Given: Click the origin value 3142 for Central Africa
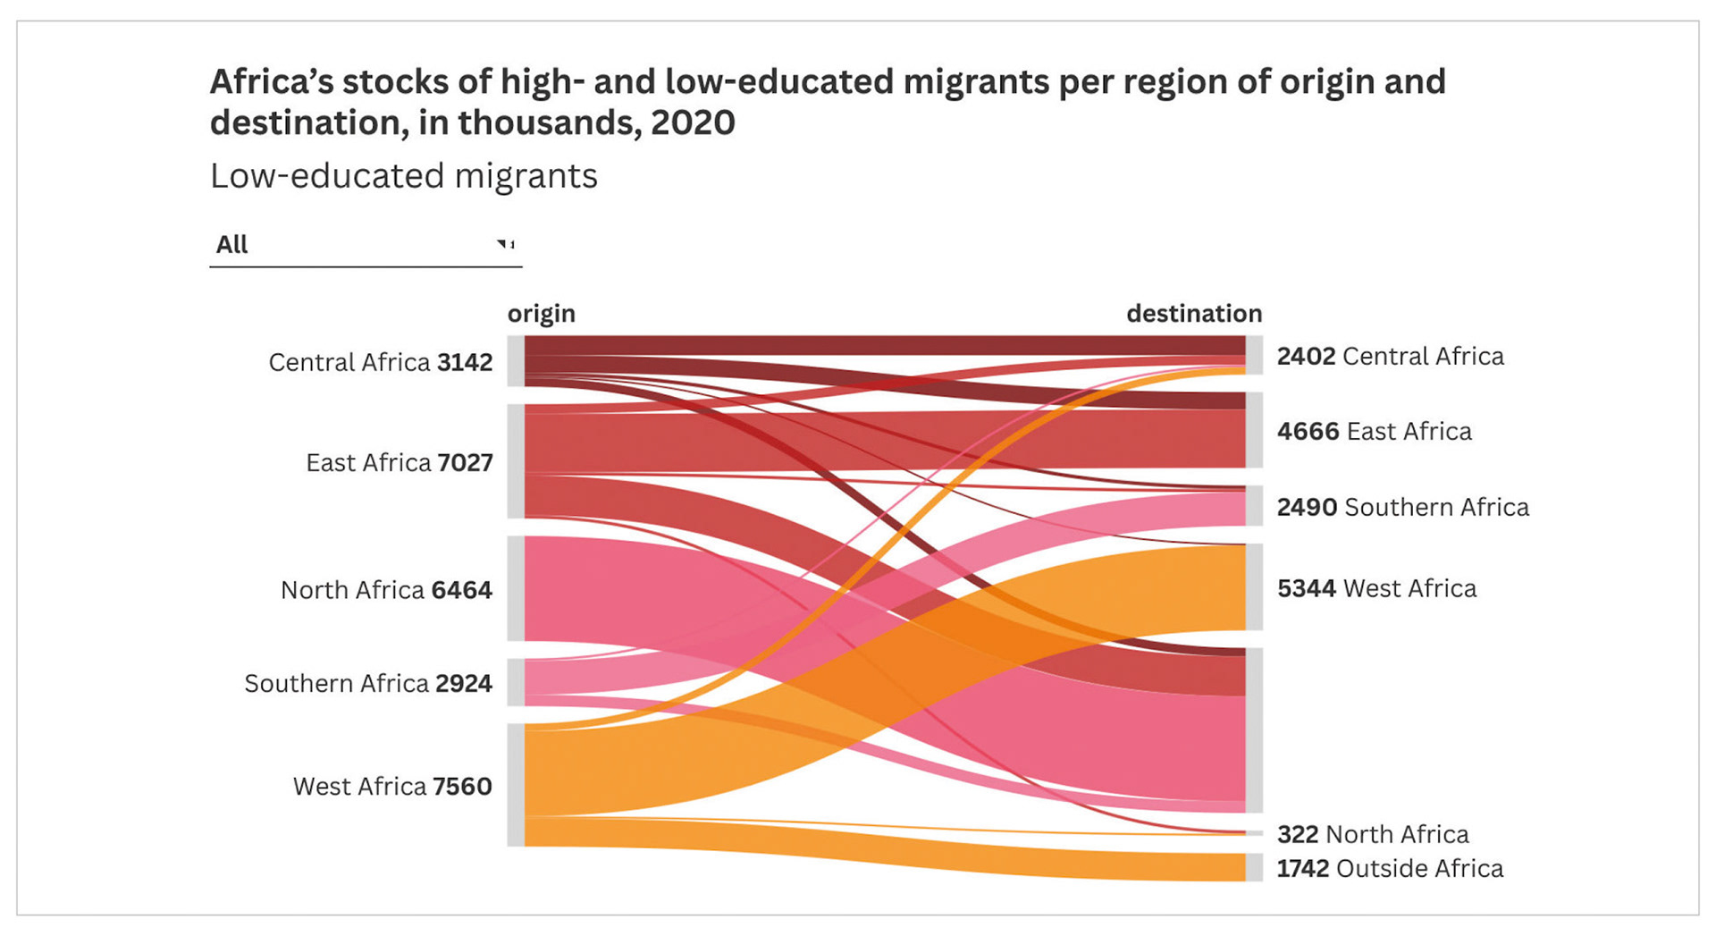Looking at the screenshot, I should point(465,362).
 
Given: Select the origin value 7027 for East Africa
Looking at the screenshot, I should point(465,462).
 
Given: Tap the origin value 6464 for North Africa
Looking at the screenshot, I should point(461,590).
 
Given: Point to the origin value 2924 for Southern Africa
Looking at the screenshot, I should point(464,683).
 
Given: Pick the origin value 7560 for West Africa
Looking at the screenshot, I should point(462,786).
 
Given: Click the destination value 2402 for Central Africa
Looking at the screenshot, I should point(1306,356).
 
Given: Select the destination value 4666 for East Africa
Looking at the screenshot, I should point(1308,431).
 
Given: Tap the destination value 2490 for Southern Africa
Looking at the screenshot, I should point(1307,507).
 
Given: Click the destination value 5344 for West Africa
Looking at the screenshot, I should point(1306,588).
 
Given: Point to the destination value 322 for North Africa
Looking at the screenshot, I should point(1298,834).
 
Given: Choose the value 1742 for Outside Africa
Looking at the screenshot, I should point(1302,868).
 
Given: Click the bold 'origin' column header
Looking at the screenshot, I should point(542,313).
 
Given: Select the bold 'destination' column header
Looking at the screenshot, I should point(1194,313).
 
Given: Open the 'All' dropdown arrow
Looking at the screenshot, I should point(505,244).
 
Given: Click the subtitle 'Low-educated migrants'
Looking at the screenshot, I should point(404,176).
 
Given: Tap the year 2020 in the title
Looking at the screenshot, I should point(693,122).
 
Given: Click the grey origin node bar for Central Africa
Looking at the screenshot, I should point(516,361).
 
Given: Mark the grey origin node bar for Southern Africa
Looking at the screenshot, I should point(516,683).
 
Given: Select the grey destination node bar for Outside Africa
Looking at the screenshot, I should point(1254,867).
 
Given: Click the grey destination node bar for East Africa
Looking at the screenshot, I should point(1254,430).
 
